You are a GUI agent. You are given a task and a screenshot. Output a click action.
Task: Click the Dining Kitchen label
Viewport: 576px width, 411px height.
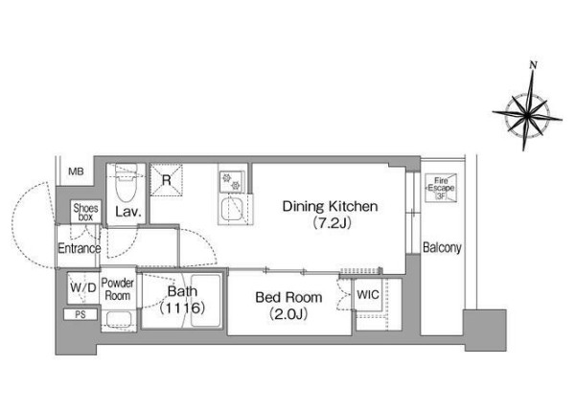point(330,206)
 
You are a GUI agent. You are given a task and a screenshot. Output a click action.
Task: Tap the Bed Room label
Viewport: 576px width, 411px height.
point(288,297)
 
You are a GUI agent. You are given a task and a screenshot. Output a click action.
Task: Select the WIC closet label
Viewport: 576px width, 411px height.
point(368,294)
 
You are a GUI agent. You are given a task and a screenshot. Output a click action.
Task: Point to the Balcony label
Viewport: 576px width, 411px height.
point(442,247)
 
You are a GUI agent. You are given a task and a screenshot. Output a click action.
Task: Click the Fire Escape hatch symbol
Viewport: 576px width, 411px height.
point(441,188)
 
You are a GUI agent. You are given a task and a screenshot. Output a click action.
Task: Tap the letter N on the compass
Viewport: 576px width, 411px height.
point(534,65)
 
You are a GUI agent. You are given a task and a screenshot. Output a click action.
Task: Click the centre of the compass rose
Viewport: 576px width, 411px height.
point(527,116)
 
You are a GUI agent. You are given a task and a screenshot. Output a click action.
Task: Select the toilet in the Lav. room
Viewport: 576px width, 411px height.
point(126,183)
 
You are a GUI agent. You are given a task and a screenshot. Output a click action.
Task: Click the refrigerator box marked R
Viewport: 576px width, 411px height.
point(167,180)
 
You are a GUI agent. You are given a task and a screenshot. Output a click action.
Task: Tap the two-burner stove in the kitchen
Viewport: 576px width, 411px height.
point(232,182)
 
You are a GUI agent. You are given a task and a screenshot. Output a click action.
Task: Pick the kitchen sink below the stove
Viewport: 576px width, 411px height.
point(230,208)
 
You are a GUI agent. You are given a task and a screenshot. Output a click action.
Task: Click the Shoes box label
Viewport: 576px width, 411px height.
point(85,213)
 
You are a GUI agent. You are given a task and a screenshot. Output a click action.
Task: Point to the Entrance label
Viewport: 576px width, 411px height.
point(80,249)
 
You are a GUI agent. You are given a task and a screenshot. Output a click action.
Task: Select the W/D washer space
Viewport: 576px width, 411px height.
point(83,287)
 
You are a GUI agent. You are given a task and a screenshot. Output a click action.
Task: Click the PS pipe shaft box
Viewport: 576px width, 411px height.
point(81,314)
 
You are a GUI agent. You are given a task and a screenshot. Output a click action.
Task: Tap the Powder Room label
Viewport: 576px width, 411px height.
point(118,289)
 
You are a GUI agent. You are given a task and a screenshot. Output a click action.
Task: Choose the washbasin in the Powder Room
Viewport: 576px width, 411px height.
point(119,319)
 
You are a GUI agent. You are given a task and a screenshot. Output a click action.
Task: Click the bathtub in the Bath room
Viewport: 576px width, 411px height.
point(205,301)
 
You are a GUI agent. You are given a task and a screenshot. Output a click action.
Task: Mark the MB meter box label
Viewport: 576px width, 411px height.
point(76,171)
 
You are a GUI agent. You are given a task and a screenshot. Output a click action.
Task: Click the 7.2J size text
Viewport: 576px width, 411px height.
point(332,223)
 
